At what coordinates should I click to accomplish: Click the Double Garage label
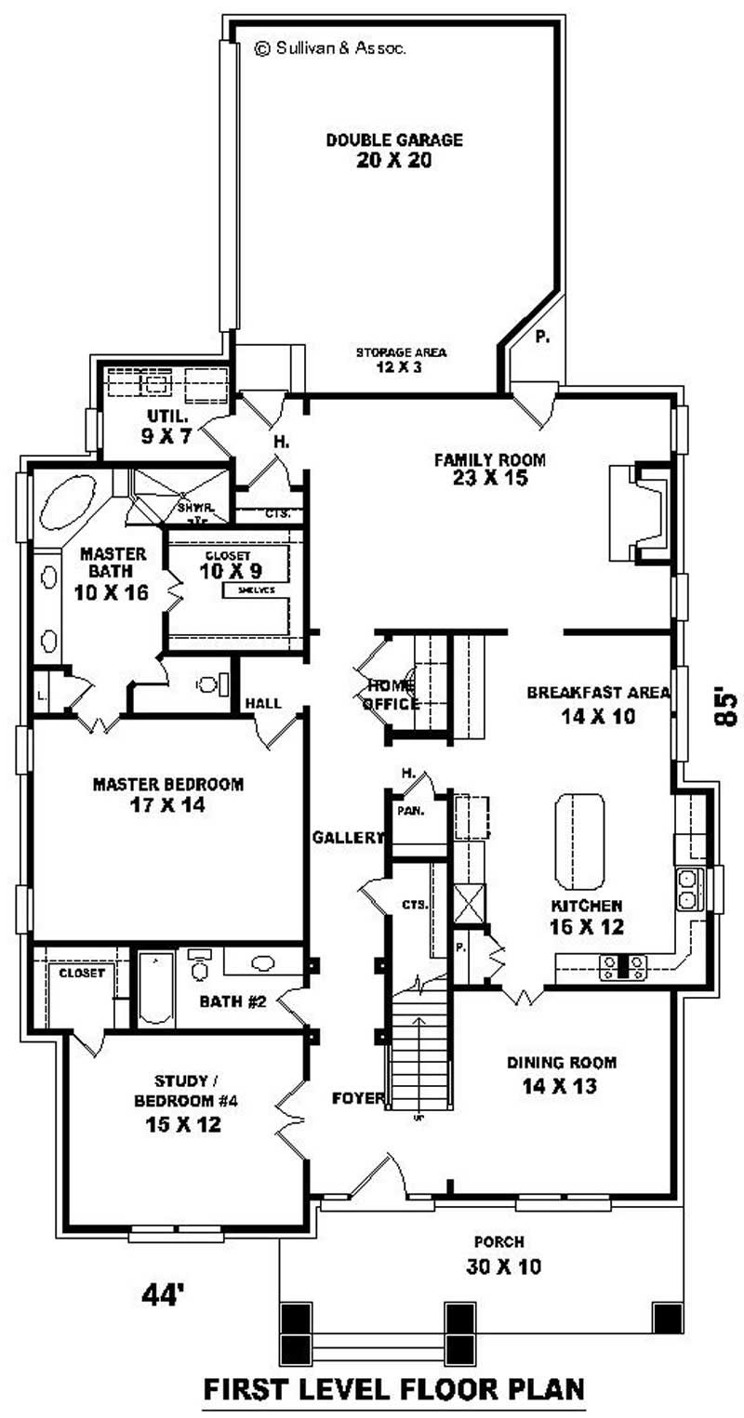tap(394, 140)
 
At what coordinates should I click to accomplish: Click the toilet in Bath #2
tap(199, 967)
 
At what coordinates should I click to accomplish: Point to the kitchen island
tap(579, 841)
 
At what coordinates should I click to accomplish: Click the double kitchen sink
tap(689, 888)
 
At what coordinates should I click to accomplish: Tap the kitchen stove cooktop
tap(623, 966)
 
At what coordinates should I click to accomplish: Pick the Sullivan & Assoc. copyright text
tap(329, 48)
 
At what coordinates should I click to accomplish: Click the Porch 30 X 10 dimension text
tap(505, 1266)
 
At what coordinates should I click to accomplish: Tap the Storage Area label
tap(401, 352)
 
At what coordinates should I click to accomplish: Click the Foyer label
tap(358, 1098)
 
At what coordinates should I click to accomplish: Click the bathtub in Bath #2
tap(155, 988)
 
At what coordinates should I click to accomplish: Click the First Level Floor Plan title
tap(394, 1389)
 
